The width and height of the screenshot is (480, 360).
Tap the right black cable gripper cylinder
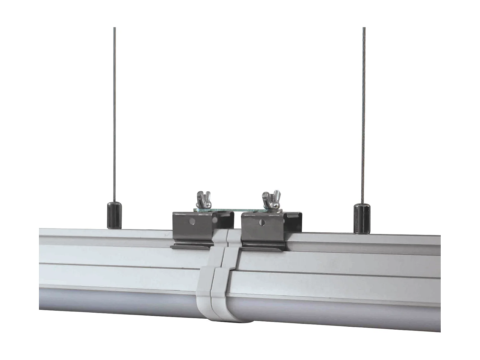click(361, 218)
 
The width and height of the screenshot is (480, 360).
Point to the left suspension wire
click(114, 112)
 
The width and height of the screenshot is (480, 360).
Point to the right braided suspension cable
click(364, 112)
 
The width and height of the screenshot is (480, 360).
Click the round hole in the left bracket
click(192, 221)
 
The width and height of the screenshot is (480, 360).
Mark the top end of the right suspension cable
click(364, 29)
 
